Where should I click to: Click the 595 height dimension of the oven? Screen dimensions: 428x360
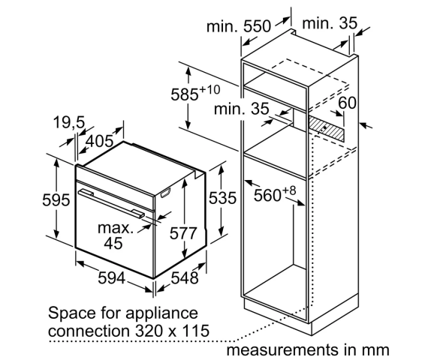tap(56, 199)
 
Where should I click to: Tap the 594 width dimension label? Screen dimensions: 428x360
tap(112, 278)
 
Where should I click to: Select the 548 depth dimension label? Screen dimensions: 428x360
tap(185, 278)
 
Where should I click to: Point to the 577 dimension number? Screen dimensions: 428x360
tap(183, 233)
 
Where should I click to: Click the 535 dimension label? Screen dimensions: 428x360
tap(222, 198)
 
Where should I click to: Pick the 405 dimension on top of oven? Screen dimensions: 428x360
tap(100, 141)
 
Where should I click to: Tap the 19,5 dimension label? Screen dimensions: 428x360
tap(69, 122)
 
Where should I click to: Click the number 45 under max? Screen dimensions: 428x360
tap(113, 243)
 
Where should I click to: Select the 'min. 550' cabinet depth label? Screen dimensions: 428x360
tap(239, 26)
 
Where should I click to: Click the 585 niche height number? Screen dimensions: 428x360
tap(185, 94)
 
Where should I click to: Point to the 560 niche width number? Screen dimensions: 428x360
tap(267, 195)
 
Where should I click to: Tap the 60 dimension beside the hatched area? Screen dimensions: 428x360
tap(347, 103)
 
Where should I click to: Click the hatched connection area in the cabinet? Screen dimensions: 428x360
tap(326, 127)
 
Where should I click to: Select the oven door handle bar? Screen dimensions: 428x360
tap(111, 203)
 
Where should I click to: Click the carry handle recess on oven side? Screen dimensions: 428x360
tap(165, 193)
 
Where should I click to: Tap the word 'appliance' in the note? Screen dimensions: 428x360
tap(162, 313)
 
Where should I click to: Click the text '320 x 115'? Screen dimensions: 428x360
tap(172, 331)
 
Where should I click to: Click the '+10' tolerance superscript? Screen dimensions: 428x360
tap(209, 89)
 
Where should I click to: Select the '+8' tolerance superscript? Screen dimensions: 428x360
tap(289, 190)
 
